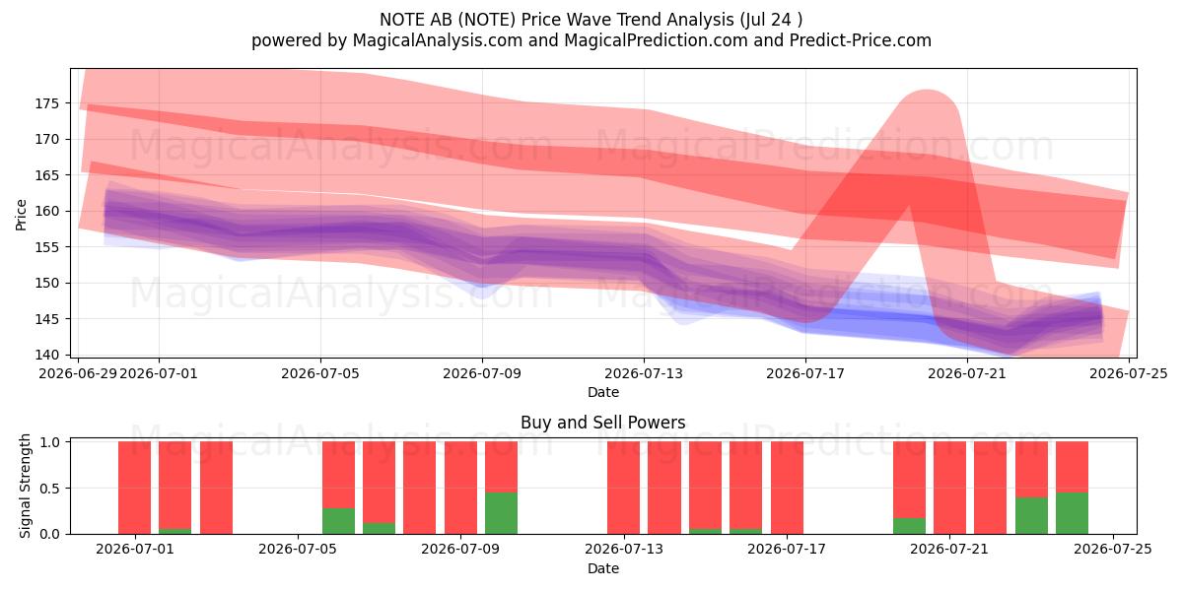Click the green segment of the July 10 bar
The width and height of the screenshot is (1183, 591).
(x=501, y=513)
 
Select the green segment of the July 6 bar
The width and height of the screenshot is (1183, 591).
(x=338, y=521)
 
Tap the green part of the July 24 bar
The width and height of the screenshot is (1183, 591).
(x=1073, y=513)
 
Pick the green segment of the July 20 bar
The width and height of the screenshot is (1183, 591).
(x=909, y=526)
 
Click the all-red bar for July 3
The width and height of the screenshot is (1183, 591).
(x=216, y=488)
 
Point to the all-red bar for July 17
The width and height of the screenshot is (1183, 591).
(x=787, y=488)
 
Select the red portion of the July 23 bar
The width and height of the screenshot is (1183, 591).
(x=1031, y=469)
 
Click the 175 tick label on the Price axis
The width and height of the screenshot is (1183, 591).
(x=46, y=103)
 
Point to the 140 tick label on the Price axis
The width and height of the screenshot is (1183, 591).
(x=46, y=355)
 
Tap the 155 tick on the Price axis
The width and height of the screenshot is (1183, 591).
(x=46, y=247)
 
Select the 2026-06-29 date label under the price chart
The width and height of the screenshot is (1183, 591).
(x=78, y=373)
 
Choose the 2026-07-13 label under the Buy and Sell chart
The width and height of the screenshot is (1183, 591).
(x=624, y=550)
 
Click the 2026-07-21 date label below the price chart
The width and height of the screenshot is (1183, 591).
(x=967, y=373)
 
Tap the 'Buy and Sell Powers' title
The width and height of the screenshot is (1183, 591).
(x=603, y=423)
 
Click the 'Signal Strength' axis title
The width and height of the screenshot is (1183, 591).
(x=25, y=486)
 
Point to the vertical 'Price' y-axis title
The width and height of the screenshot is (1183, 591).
(x=21, y=215)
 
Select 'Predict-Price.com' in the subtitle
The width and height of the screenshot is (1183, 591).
(x=861, y=40)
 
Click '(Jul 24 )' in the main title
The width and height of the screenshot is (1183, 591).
(x=771, y=20)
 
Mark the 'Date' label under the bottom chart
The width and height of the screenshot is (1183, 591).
(x=603, y=568)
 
